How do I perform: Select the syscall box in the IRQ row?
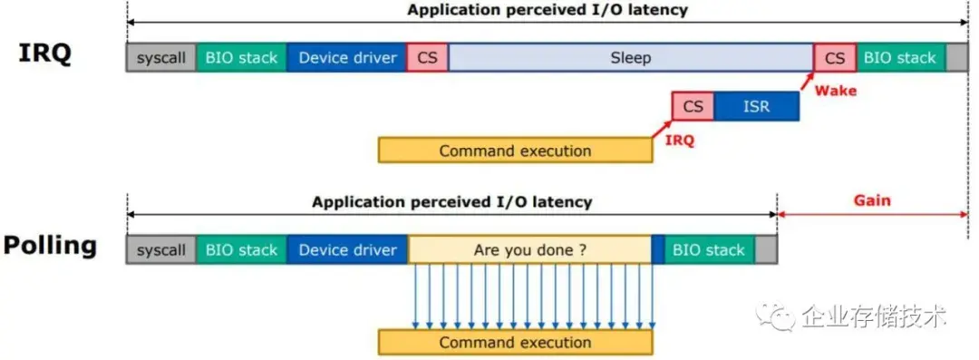coord(160,57)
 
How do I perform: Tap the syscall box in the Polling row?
coord(160,249)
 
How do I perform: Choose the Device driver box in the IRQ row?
coord(347,57)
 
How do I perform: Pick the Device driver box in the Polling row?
coord(347,249)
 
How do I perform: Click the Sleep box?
coord(630,57)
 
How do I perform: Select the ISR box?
coord(756,106)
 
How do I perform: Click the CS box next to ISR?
coord(693,106)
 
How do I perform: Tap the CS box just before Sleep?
coord(428,57)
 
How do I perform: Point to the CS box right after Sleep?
coord(835,57)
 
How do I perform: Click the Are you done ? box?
coord(529,249)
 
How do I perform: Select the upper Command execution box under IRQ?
coord(515,151)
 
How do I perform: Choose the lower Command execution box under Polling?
coord(515,342)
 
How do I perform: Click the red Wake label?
coord(835,91)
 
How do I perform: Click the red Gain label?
coord(873,200)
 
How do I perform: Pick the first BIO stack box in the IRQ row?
coord(241,57)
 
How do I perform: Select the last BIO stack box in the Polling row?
coord(710,249)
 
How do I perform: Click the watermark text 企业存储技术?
coord(874,316)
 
